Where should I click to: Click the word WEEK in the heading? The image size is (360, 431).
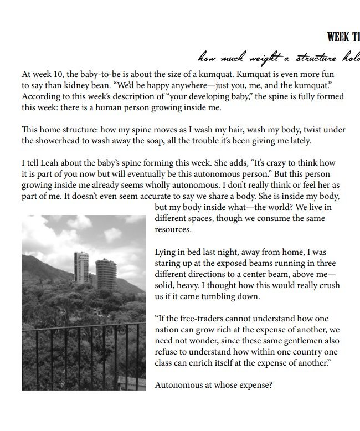click(x=337, y=37)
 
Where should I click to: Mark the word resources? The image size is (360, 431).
click(x=173, y=229)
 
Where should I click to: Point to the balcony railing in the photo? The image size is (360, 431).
click(x=83, y=355)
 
